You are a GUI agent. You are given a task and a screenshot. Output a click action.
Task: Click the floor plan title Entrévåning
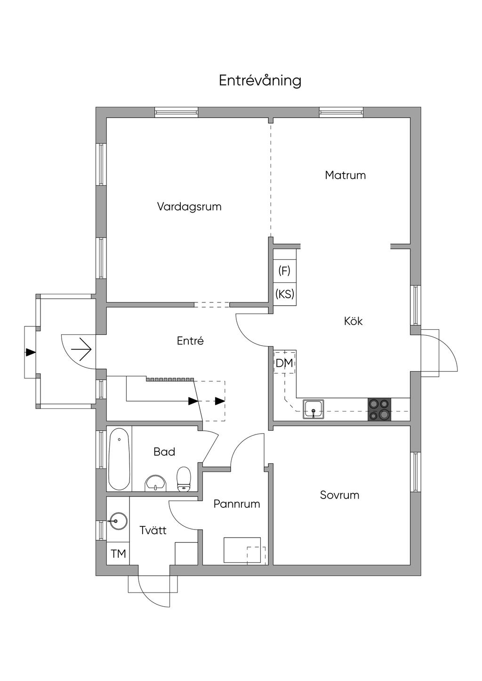(x=260, y=81)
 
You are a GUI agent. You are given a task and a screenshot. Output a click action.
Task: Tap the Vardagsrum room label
(x=189, y=207)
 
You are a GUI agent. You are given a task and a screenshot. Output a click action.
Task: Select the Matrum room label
(x=345, y=175)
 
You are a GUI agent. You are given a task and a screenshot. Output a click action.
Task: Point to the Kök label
(x=353, y=321)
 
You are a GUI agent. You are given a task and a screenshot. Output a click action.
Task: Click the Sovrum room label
(x=339, y=495)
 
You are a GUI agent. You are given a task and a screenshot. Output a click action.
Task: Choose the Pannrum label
(x=237, y=504)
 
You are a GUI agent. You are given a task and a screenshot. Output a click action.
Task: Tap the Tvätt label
(x=153, y=530)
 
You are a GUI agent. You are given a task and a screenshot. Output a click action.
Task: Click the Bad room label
(x=164, y=452)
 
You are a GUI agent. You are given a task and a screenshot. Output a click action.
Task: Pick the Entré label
(x=190, y=341)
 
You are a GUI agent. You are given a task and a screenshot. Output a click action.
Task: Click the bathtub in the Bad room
(x=119, y=459)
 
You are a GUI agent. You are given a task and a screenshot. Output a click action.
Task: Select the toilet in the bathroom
(x=184, y=479)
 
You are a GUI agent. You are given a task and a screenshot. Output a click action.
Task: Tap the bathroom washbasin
(x=156, y=483)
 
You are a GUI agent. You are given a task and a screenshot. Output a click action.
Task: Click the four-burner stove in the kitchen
(x=379, y=409)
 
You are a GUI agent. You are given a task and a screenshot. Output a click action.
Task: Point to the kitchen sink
(x=313, y=409)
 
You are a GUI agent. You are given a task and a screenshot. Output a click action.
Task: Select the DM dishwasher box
(x=284, y=363)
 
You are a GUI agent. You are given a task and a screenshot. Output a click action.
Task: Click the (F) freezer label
(x=284, y=270)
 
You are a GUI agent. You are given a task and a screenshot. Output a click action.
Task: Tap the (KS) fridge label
(x=284, y=294)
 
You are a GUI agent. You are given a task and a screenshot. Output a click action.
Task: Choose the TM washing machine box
(x=118, y=554)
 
